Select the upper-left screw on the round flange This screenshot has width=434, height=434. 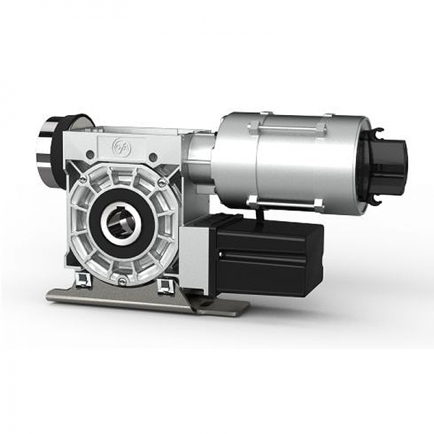point(84,179)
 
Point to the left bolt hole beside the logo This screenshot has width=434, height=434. point(88,153)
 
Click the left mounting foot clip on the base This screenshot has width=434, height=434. point(81,280)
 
